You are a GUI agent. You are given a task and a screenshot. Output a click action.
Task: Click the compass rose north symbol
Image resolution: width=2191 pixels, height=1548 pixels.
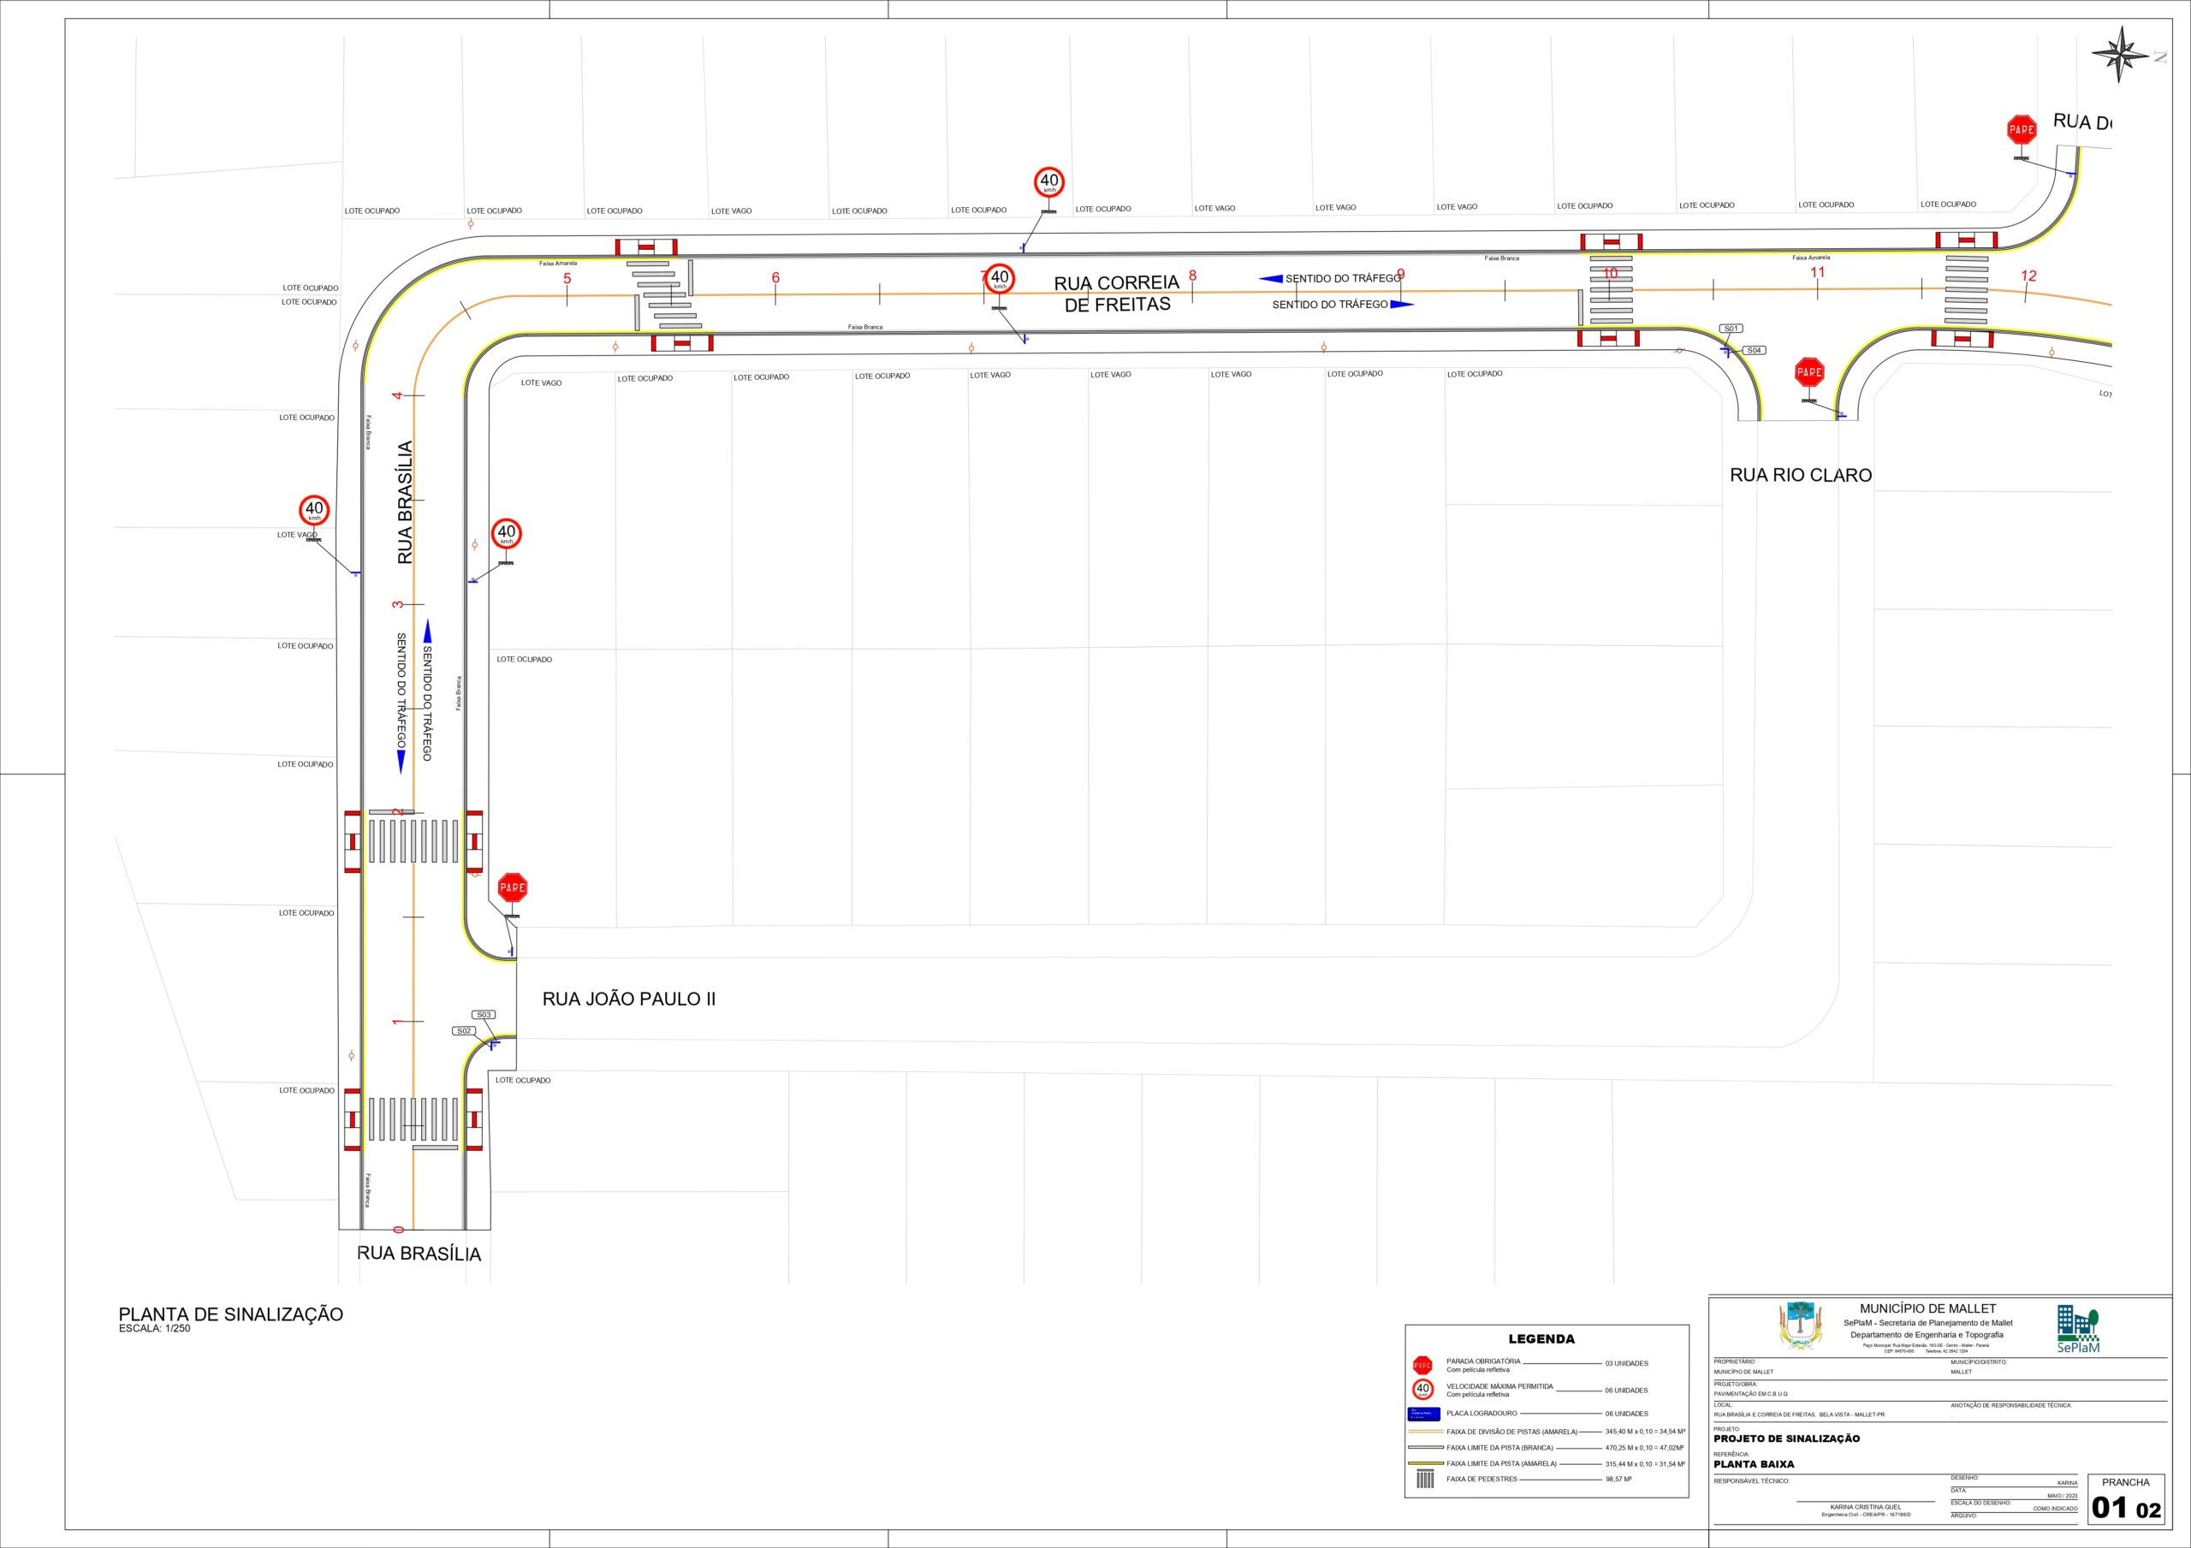pyautogui.click(x=2120, y=55)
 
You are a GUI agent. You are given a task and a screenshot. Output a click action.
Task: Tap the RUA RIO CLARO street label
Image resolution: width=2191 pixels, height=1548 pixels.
pyautogui.click(x=1801, y=475)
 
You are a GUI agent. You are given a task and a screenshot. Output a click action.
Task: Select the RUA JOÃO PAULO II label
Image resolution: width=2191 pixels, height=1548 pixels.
pyautogui.click(x=629, y=999)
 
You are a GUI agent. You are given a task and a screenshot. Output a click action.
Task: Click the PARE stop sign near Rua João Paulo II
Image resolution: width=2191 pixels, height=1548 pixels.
pyautogui.click(x=513, y=887)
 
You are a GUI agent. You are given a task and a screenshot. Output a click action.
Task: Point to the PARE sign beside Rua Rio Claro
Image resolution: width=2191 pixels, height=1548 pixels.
pyautogui.click(x=1809, y=372)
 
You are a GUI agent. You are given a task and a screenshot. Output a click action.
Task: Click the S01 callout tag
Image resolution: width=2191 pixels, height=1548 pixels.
pyautogui.click(x=1731, y=329)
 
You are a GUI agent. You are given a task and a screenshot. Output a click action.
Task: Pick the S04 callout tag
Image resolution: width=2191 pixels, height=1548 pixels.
pyautogui.click(x=1754, y=350)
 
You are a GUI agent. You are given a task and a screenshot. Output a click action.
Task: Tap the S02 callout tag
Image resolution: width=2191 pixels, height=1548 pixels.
pyautogui.click(x=464, y=1031)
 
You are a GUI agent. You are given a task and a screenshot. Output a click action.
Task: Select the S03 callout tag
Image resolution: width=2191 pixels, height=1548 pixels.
pyautogui.click(x=484, y=1015)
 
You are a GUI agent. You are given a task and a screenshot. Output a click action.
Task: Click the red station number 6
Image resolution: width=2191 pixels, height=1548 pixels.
pyautogui.click(x=775, y=278)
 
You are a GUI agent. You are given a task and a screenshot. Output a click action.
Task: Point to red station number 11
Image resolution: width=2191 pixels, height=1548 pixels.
pyautogui.click(x=1817, y=272)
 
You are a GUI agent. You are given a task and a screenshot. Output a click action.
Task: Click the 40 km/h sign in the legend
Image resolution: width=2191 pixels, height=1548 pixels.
pyautogui.click(x=1422, y=1390)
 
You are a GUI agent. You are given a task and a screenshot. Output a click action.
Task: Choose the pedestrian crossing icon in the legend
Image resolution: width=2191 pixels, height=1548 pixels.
pyautogui.click(x=1425, y=1480)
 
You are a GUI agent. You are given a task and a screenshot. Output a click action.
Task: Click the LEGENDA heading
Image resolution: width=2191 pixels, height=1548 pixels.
pyautogui.click(x=1541, y=1339)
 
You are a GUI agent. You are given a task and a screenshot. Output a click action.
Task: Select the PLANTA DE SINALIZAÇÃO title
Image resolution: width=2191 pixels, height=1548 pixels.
pyautogui.click(x=231, y=1314)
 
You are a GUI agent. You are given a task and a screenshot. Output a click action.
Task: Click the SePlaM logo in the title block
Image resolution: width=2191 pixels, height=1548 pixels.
pyautogui.click(x=2077, y=1331)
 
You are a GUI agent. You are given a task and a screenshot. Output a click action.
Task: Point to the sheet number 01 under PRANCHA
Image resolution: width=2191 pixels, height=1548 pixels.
pyautogui.click(x=2110, y=1508)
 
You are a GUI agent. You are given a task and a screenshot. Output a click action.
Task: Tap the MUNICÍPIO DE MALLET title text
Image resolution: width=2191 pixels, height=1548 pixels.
pyautogui.click(x=1927, y=1308)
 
